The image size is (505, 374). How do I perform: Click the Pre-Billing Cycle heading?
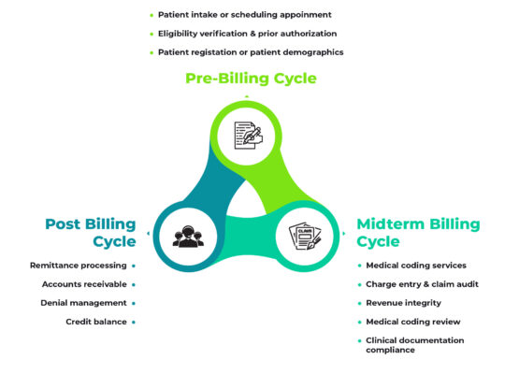251,79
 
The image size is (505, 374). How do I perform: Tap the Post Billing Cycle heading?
90,232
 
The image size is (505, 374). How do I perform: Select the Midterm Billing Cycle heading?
418,232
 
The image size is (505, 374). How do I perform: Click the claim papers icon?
307,235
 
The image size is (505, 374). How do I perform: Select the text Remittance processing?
79,266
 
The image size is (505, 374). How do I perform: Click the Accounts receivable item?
85,284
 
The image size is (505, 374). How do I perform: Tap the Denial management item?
84,303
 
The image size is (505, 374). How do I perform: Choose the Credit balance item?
96,322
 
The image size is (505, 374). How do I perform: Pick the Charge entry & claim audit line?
423,284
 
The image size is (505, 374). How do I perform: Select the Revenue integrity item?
403,303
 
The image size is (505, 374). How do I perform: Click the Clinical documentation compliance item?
415,345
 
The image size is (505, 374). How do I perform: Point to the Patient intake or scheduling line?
246,15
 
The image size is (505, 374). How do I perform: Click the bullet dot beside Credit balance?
135,322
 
